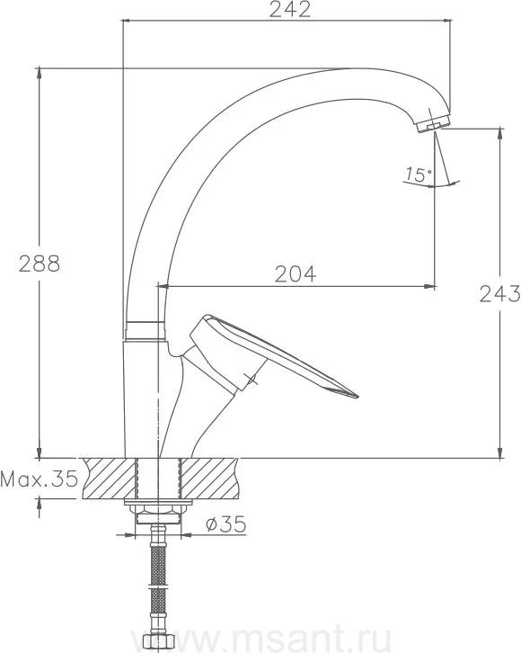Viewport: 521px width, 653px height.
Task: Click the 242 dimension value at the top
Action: pyautogui.click(x=290, y=10)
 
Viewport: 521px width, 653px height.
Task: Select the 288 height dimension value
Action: pyautogui.click(x=40, y=264)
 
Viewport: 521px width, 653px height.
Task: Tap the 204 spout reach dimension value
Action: pyautogui.click(x=296, y=274)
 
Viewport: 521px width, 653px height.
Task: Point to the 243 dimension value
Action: pyautogui.click(x=499, y=294)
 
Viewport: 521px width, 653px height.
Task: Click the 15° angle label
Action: pyautogui.click(x=419, y=174)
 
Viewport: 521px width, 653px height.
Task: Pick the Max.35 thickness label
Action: pyautogui.click(x=40, y=479)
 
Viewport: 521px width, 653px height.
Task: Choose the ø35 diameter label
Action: pyautogui.click(x=225, y=524)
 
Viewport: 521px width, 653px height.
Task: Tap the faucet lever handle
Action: pyautogui.click(x=266, y=354)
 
